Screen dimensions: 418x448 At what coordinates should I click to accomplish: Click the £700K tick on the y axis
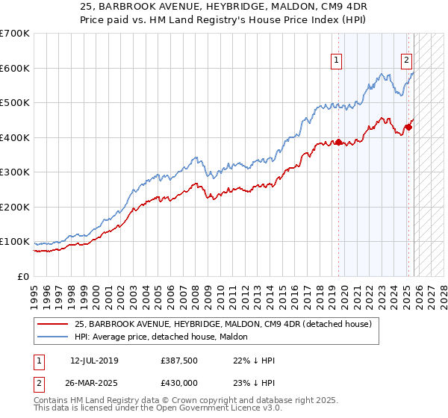tap(15, 34)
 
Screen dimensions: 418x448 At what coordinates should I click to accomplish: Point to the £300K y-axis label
tap(15, 172)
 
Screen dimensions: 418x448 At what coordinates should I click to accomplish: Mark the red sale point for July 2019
tap(338, 142)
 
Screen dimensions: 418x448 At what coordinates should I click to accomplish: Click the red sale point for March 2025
tap(408, 127)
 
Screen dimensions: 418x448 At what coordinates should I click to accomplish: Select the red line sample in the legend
tap(54, 323)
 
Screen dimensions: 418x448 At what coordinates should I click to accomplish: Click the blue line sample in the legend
tap(54, 337)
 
